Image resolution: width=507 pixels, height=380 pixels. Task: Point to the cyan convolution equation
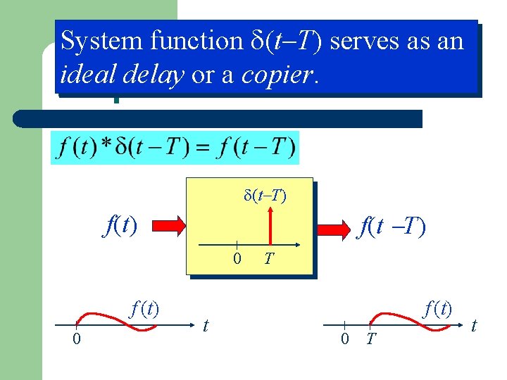click(x=175, y=148)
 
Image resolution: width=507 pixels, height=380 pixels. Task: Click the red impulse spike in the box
click(x=268, y=227)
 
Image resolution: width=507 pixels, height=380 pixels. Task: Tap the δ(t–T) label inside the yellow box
click(x=265, y=195)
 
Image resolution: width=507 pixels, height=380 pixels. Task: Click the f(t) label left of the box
click(x=119, y=226)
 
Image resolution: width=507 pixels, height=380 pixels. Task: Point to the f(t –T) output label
click(x=392, y=227)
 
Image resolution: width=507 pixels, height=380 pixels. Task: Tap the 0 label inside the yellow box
click(x=237, y=259)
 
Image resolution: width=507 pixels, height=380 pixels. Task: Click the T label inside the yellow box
click(x=268, y=259)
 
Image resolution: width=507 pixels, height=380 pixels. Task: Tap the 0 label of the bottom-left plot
click(x=77, y=340)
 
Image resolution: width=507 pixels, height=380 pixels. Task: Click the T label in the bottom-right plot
click(x=371, y=340)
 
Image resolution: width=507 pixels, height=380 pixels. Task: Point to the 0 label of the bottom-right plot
click(x=344, y=339)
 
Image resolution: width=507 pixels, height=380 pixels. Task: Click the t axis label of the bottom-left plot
click(x=205, y=325)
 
